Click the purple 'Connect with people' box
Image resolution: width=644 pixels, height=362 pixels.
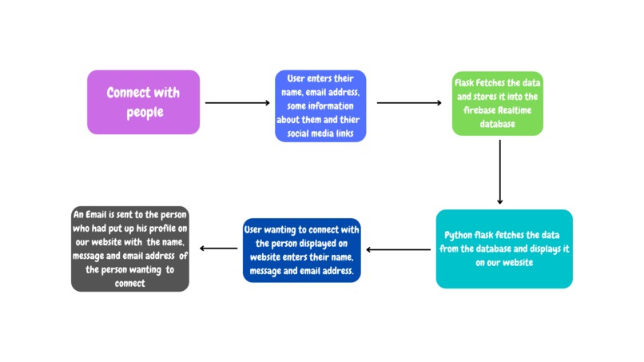click(143, 101)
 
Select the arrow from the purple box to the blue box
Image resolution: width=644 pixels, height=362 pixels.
click(237, 102)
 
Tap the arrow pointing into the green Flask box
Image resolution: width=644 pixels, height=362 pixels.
click(408, 102)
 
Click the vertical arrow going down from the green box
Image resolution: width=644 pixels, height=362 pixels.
click(499, 172)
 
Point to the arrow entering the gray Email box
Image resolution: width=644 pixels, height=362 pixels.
click(217, 249)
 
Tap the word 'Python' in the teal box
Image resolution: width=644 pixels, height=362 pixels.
click(461, 237)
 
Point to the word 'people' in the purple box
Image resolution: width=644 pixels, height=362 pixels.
click(145, 112)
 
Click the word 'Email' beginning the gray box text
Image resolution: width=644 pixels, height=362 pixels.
click(99, 215)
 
